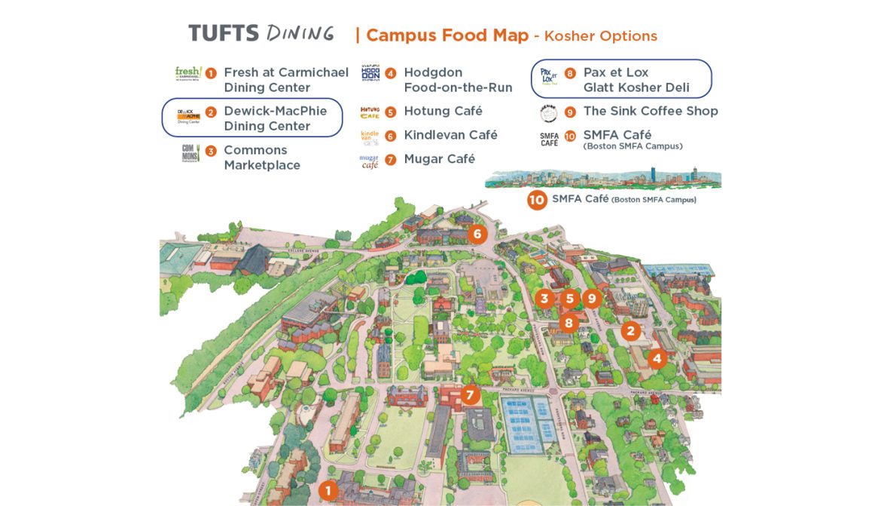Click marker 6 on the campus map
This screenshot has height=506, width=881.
pyautogui.click(x=477, y=234)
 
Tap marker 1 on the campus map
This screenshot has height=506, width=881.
pyautogui.click(x=328, y=490)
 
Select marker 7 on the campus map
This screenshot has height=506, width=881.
pyautogui.click(x=471, y=394)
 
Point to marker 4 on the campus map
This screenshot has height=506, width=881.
pyautogui.click(x=657, y=358)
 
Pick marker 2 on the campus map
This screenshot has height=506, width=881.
pyautogui.click(x=630, y=330)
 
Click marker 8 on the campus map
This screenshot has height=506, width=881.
pyautogui.click(x=569, y=323)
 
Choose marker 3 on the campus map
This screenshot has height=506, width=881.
pyautogui.click(x=544, y=298)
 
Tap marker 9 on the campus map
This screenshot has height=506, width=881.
pyautogui.click(x=592, y=298)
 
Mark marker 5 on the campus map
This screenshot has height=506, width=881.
pyautogui.click(x=569, y=298)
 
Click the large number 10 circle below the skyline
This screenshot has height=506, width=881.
pyautogui.click(x=537, y=200)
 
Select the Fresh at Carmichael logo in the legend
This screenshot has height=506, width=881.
pyautogui.click(x=187, y=74)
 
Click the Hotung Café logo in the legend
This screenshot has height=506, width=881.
pyautogui.click(x=370, y=112)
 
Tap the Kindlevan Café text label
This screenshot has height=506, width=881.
pyautogui.click(x=450, y=135)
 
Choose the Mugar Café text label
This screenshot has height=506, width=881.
pyautogui.click(x=439, y=159)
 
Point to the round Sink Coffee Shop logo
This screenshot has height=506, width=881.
pyautogui.click(x=549, y=113)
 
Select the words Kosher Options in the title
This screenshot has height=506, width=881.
pyautogui.click(x=601, y=36)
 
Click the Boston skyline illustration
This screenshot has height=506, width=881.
pyautogui.click(x=602, y=178)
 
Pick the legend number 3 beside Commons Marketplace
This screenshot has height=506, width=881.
pyautogui.click(x=211, y=151)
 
